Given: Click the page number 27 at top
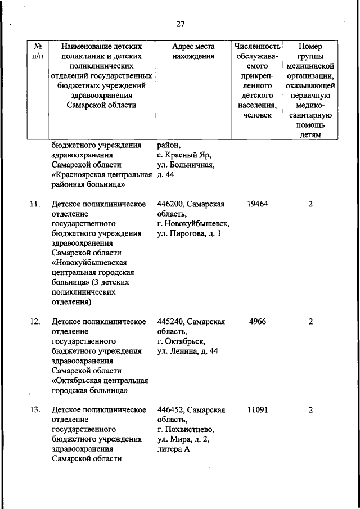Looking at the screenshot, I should point(180,24).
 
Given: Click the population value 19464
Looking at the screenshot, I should point(257,204).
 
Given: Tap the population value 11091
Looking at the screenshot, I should point(257,409).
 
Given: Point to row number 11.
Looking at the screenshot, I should point(34,204).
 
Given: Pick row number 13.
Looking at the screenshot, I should point(34,409).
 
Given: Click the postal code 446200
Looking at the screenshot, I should point(172,204).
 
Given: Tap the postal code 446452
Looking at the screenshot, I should point(172,409).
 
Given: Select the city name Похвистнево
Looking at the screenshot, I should point(187,429).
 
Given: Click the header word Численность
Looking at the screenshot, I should point(257,46).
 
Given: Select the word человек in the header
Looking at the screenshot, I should point(257,115).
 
